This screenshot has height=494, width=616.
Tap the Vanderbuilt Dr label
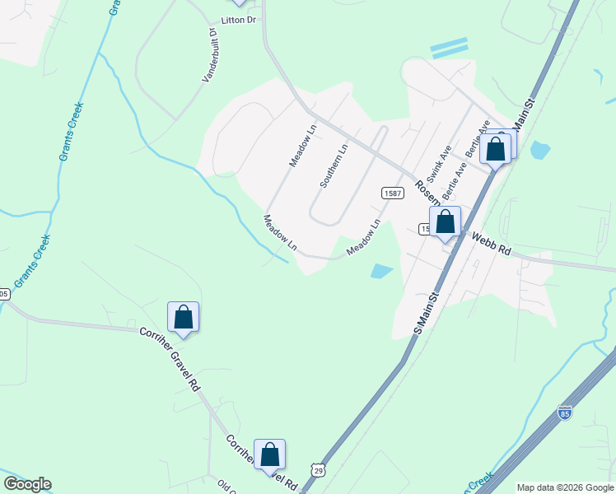209,54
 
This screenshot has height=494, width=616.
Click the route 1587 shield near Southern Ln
392,192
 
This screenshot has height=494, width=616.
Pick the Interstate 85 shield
564,412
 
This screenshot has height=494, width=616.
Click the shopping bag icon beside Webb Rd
445,222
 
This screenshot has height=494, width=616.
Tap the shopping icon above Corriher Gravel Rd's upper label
183,317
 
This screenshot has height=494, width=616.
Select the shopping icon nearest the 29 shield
269,454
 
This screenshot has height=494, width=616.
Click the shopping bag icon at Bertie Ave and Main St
496,149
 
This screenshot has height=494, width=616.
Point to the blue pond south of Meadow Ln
380,271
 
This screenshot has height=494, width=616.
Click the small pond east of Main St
539,150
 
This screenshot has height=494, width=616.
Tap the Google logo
27,484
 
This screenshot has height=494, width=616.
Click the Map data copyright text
565,487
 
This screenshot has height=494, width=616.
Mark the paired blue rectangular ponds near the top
449,48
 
